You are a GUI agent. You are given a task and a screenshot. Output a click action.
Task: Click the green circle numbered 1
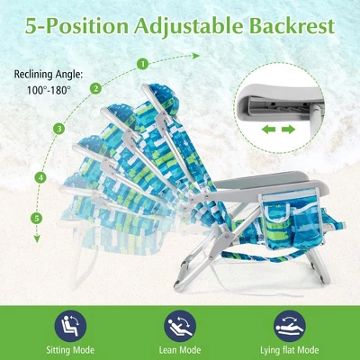[x=143, y=64]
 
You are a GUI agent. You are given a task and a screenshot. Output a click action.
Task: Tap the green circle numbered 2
[x=95, y=88]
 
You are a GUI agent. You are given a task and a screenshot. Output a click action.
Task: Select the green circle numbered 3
[x=59, y=129]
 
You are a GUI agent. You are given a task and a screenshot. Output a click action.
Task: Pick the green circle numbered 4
[x=40, y=177]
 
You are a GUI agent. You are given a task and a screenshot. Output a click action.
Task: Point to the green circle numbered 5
[x=37, y=218]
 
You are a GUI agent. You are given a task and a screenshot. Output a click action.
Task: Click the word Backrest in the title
[x=292, y=26]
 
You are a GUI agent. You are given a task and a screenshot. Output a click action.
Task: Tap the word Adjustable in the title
[x=188, y=27]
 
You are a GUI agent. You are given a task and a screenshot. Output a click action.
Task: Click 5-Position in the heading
[x=76, y=27]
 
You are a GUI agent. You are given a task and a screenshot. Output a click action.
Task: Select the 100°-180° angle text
[x=49, y=90]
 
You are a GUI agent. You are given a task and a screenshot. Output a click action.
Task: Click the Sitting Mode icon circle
[x=70, y=326]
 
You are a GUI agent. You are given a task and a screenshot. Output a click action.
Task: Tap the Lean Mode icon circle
[x=180, y=326]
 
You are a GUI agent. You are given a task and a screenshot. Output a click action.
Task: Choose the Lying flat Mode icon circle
[x=290, y=326]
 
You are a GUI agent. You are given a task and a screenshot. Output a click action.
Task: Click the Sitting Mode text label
[x=70, y=350]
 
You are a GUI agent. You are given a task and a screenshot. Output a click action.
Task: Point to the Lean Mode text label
[x=180, y=350]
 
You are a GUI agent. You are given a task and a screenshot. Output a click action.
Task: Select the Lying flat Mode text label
[x=290, y=350]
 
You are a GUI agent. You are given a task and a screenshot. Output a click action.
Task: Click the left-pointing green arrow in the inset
[x=269, y=130]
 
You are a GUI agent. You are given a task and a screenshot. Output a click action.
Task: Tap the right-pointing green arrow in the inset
[x=288, y=130]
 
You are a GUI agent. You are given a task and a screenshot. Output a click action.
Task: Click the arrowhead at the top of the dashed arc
[x=196, y=56]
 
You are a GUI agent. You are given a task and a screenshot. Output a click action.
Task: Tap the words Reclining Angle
[x=49, y=75]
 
